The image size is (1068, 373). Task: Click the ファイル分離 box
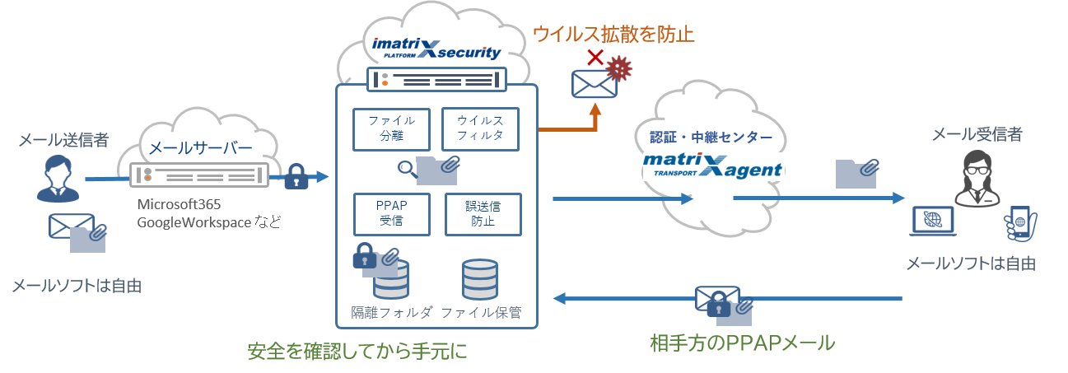coord(385,128)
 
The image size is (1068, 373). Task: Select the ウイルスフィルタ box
coord(480,128)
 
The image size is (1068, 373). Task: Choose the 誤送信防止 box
coord(483,214)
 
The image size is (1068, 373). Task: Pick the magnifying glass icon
coord(407,168)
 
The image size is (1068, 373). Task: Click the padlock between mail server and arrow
coord(296,176)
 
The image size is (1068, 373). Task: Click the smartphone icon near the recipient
coord(1020,224)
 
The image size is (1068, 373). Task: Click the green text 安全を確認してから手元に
coord(357,352)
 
